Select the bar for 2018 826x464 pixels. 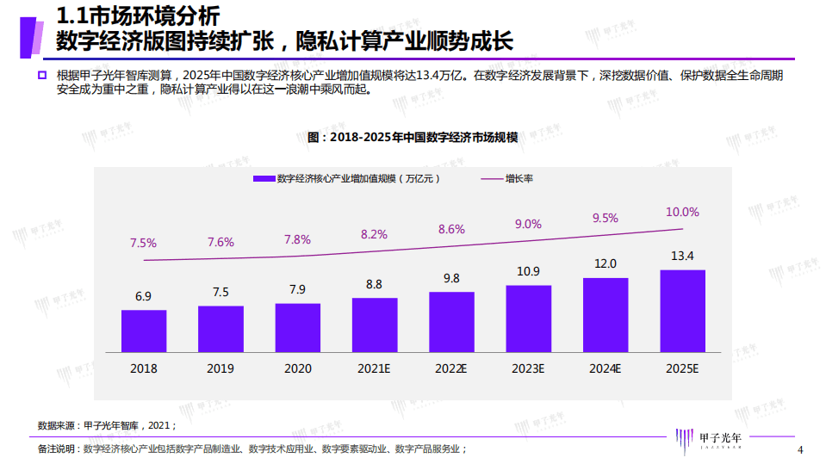coord(143,331)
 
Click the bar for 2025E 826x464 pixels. coord(682,311)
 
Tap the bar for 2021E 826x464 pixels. coord(375,325)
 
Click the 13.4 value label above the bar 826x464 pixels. coord(682,256)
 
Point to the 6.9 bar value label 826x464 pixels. coord(143,296)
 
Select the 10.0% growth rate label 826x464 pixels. coord(682,212)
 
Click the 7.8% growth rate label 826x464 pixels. coord(298,239)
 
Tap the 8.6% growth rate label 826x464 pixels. coord(451,229)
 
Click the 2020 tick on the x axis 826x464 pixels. coord(297,368)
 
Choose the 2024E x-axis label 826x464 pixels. coord(606,368)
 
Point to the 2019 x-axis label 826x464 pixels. coord(220,368)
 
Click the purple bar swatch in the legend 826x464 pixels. coord(263,178)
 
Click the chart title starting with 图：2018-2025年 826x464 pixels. coord(413,137)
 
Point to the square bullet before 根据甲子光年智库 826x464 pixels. coord(41,76)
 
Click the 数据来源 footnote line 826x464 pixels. coord(107,425)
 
